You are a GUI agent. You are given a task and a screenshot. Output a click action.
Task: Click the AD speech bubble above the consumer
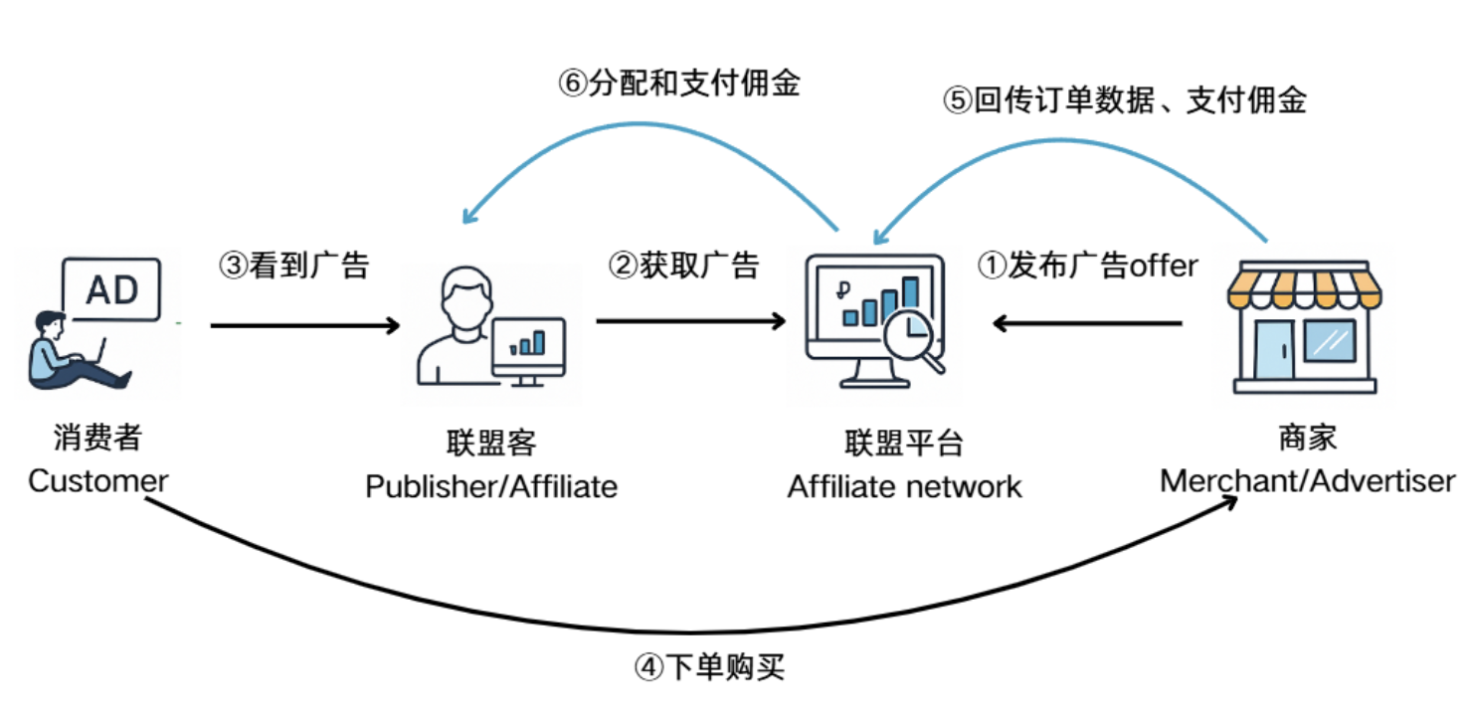tap(111, 288)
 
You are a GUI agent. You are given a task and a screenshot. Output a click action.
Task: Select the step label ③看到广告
tap(293, 266)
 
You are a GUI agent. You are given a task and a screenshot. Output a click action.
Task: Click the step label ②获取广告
tap(683, 266)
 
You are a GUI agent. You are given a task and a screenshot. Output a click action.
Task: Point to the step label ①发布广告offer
tap(1087, 266)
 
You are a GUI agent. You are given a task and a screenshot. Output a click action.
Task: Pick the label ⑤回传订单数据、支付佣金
tap(1124, 100)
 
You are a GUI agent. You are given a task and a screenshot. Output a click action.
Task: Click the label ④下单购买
tap(709, 666)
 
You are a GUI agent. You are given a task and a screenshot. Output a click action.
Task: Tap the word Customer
tap(97, 481)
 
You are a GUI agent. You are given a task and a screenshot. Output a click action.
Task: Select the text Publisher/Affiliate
tap(491, 486)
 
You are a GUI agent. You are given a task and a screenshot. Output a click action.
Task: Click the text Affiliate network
tap(904, 486)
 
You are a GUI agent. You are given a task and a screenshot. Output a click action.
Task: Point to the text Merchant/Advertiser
tap(1307, 481)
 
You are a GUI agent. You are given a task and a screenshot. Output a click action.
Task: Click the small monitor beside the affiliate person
tap(528, 348)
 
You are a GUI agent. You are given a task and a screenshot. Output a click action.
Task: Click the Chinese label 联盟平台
tap(904, 443)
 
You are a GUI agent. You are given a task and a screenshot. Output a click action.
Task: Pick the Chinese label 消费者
tap(97, 438)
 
